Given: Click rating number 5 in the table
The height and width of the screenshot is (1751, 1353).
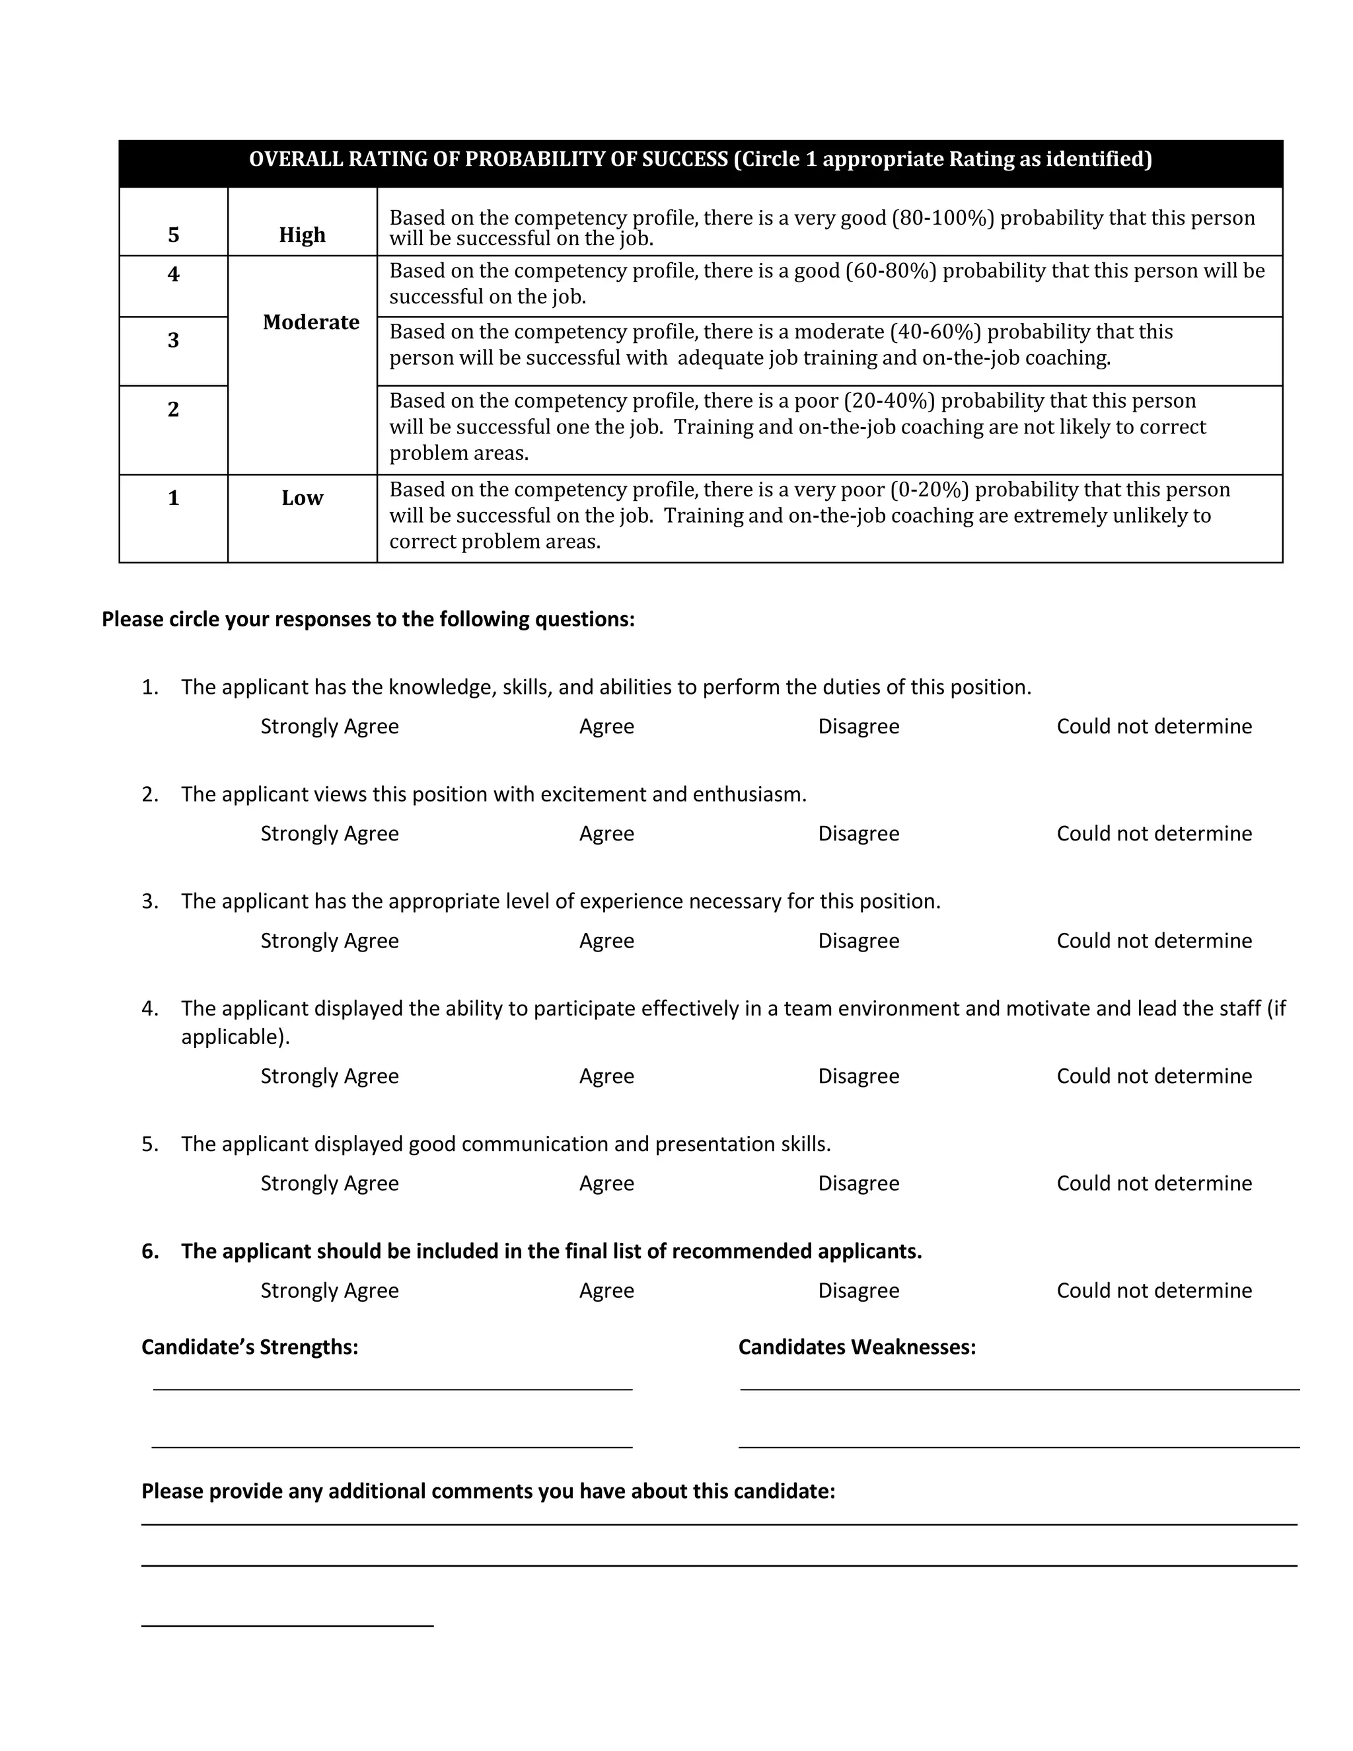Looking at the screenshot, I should point(173,235).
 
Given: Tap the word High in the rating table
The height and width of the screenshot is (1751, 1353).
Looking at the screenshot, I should point(302,235).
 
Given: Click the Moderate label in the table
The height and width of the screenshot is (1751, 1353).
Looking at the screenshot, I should point(311,322).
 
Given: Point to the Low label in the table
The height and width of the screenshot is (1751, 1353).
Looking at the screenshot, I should point(302,498).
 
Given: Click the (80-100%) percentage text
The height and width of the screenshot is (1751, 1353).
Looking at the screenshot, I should point(943,218).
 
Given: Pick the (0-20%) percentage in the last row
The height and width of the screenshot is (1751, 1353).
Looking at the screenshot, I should point(929,490).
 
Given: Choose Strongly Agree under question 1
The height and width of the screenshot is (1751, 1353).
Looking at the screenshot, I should point(330,726).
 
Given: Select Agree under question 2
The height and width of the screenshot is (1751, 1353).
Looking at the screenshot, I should point(606,834).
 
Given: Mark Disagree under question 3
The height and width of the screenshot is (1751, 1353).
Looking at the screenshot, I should point(858,940).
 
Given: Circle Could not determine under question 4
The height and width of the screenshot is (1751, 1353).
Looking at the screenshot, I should point(1153,1076).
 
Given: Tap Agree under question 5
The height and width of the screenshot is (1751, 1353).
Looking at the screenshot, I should point(606,1183).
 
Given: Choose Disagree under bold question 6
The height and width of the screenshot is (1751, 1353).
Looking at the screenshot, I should point(858,1291).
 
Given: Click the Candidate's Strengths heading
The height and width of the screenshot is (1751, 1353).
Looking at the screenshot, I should point(249,1347).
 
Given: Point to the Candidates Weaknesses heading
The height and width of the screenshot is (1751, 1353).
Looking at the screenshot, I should point(857,1347).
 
